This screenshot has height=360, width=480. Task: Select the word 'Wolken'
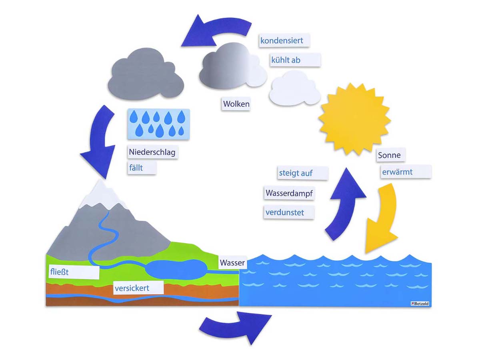coord(236,104)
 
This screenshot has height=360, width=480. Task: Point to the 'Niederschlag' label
coord(152,152)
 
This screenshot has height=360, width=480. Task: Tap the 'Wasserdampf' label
coord(289,194)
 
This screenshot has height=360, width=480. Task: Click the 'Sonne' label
coord(389,155)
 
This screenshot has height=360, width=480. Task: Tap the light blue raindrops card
coord(158,124)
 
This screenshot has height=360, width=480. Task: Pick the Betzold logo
coord(420,304)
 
